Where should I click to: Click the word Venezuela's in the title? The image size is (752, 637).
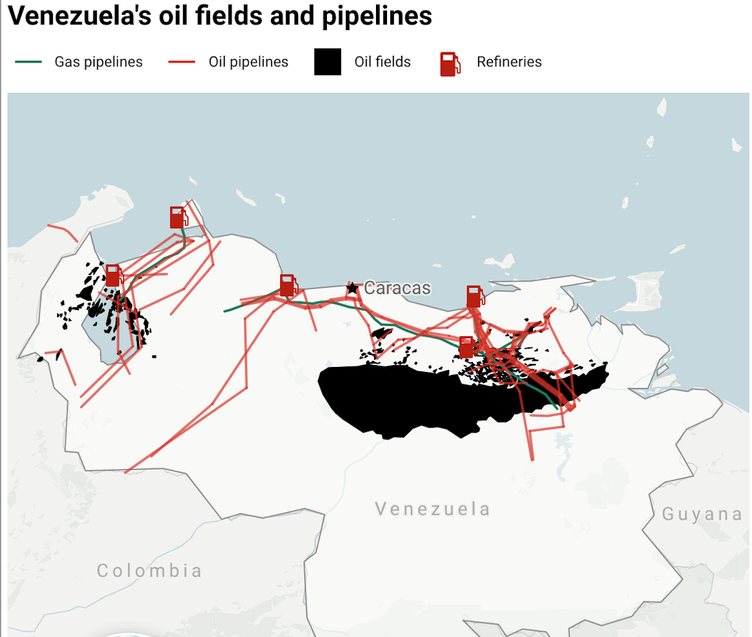[x=79, y=16]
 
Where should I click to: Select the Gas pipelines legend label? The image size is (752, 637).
[x=98, y=62]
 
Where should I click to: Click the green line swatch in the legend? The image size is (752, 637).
[x=28, y=62]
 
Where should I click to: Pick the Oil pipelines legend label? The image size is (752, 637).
[x=248, y=62]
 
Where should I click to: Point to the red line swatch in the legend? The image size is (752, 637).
[x=181, y=62]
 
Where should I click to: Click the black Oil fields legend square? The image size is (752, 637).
[x=327, y=62]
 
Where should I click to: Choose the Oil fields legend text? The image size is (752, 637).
[x=382, y=62]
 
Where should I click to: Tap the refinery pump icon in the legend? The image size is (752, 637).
[x=450, y=64]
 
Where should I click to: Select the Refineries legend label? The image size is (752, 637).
[x=509, y=62]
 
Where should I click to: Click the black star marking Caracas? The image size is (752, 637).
[x=352, y=288]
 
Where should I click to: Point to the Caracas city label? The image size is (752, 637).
[x=397, y=288]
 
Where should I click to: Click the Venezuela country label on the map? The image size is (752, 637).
[x=433, y=509]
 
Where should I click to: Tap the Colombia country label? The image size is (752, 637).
[x=149, y=571]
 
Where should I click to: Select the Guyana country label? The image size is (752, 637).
[x=702, y=514]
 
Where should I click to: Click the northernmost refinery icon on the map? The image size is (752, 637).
[x=178, y=218]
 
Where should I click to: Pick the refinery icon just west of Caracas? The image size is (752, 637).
[x=288, y=285]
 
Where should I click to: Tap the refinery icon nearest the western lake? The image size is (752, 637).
[x=113, y=276]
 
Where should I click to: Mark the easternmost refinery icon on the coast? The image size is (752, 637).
[x=474, y=296]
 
